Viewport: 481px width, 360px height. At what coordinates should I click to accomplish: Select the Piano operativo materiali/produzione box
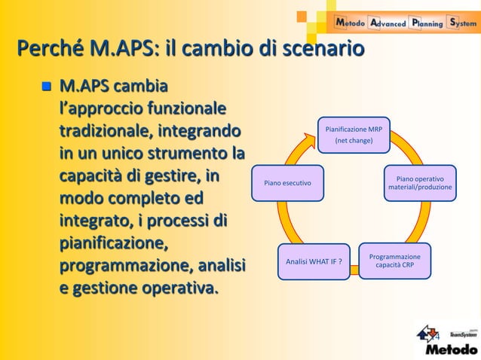[420, 183]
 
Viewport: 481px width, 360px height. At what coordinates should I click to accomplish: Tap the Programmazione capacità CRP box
[394, 261]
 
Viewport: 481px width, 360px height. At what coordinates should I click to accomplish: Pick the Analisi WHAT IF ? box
[314, 261]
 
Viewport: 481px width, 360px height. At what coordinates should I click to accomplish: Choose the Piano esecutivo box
[288, 183]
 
